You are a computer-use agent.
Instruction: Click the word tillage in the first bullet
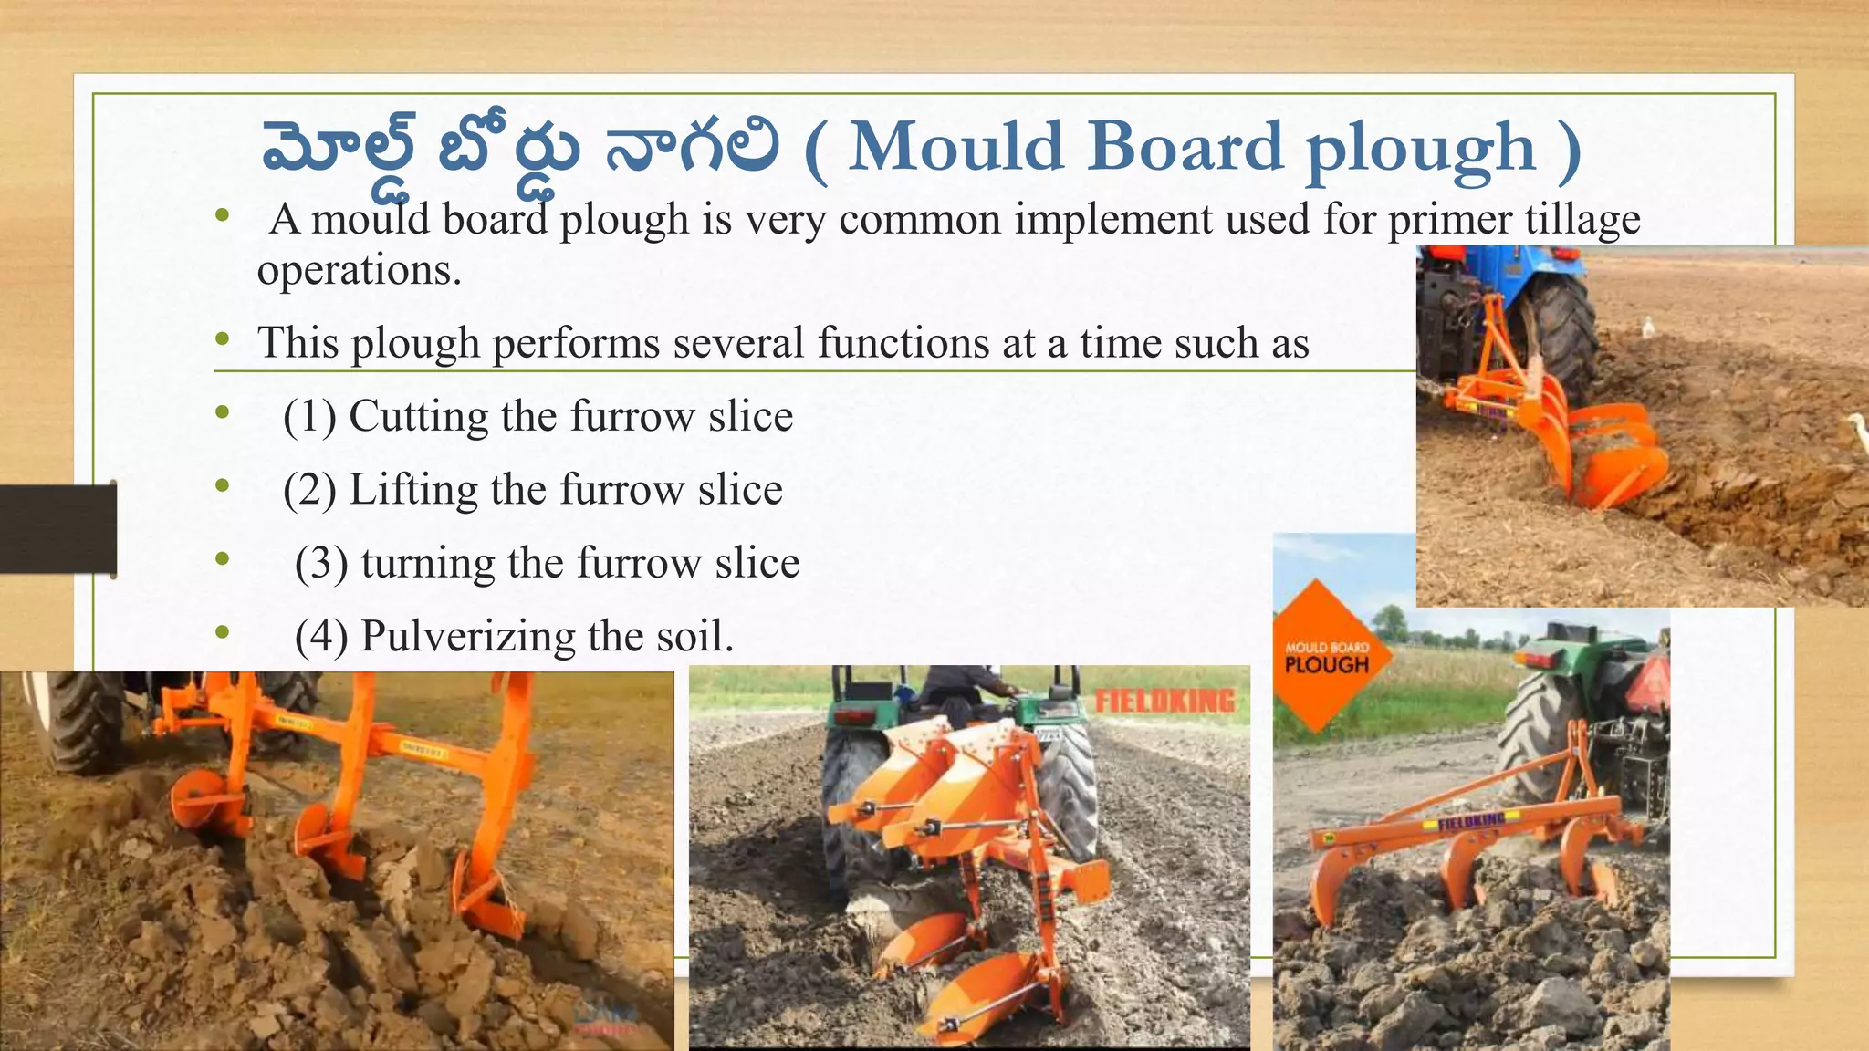tap(1582, 220)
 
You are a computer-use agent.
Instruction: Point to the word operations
tap(358, 270)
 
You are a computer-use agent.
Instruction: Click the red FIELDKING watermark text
tap(1164, 701)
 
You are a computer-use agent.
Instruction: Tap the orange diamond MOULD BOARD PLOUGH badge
tap(1328, 656)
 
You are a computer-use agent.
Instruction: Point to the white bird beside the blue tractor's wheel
tap(1648, 327)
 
